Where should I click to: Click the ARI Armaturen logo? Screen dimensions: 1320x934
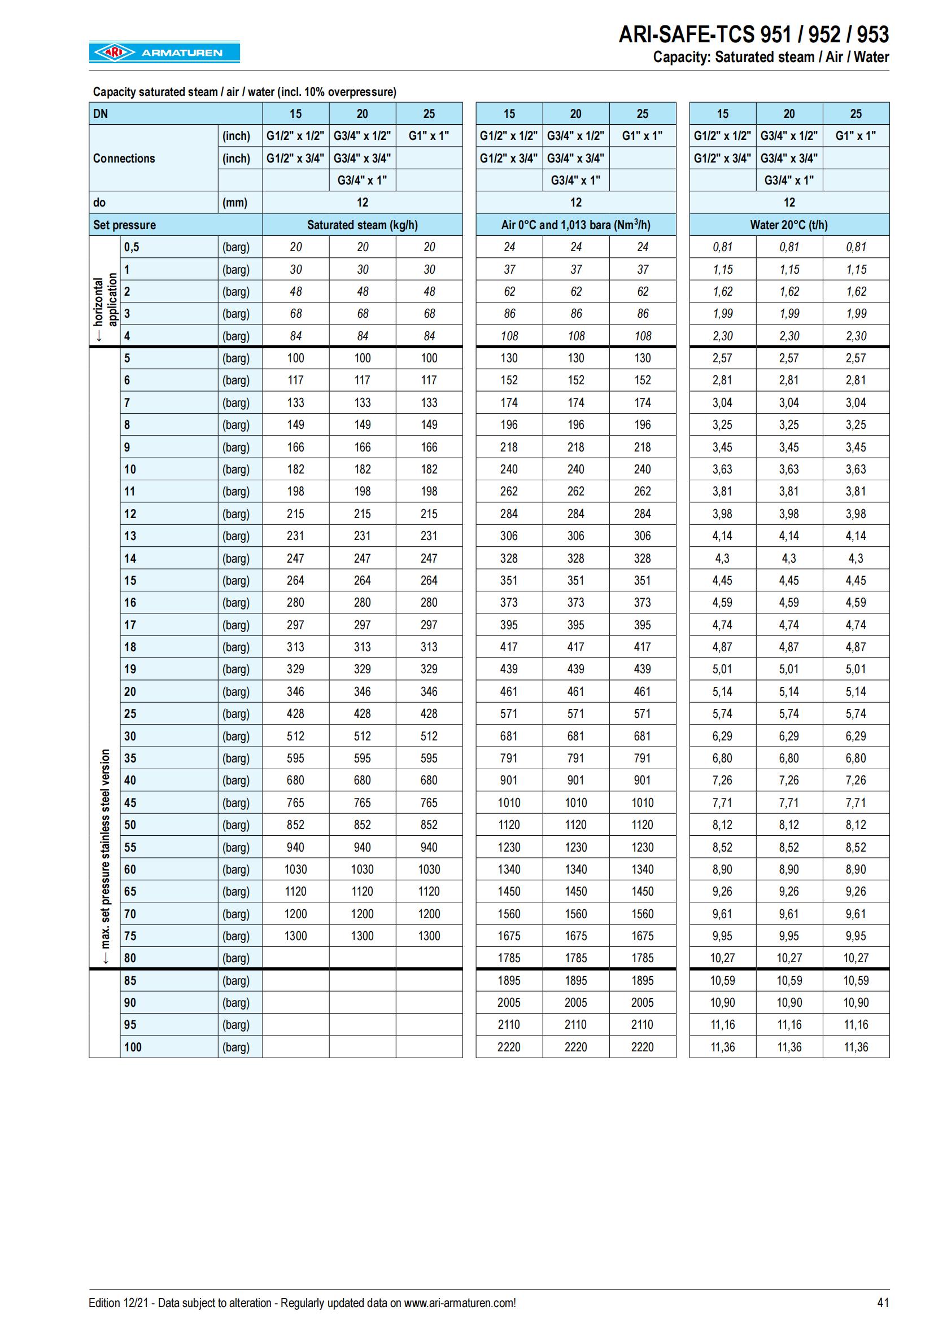point(164,52)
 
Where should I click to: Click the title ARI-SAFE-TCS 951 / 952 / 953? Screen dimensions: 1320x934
point(753,35)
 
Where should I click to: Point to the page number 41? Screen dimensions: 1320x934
point(883,1303)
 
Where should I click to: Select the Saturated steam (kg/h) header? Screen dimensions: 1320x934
point(363,225)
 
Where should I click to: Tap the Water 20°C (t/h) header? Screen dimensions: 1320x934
point(789,225)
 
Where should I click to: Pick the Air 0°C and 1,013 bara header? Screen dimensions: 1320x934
point(575,225)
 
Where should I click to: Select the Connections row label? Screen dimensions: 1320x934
point(124,158)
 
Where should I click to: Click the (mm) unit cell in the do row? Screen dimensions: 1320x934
point(235,203)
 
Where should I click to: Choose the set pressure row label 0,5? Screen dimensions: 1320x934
point(132,247)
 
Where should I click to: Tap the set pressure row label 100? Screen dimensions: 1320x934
point(133,1047)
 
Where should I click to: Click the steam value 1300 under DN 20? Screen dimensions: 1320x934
point(363,936)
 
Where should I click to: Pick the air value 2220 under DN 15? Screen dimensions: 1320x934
point(509,1047)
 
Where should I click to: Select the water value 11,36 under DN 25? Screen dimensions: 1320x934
point(856,1047)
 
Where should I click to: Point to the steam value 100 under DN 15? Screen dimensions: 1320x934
point(295,358)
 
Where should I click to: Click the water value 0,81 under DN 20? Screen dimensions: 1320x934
point(789,247)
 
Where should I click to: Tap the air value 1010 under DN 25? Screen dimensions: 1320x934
point(643,802)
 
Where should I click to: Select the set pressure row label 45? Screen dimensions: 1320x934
point(130,802)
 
